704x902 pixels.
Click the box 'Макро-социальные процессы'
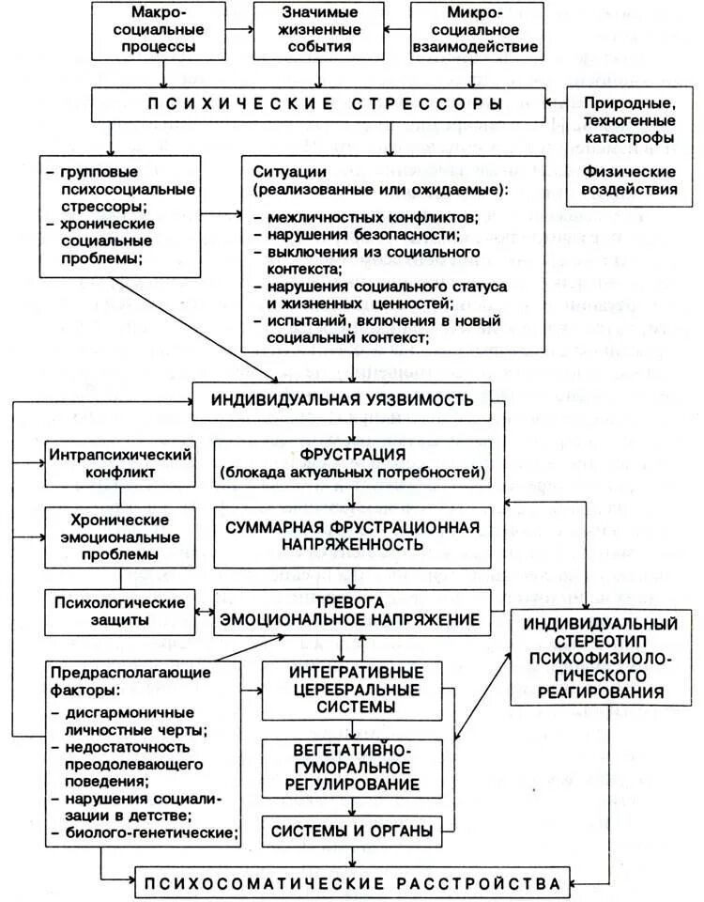pos(165,31)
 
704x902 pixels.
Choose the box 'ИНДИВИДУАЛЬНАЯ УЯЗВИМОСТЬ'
pos(346,401)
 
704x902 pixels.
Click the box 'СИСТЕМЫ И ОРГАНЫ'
pos(351,831)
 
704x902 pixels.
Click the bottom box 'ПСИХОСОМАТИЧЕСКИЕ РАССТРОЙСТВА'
pos(351,883)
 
